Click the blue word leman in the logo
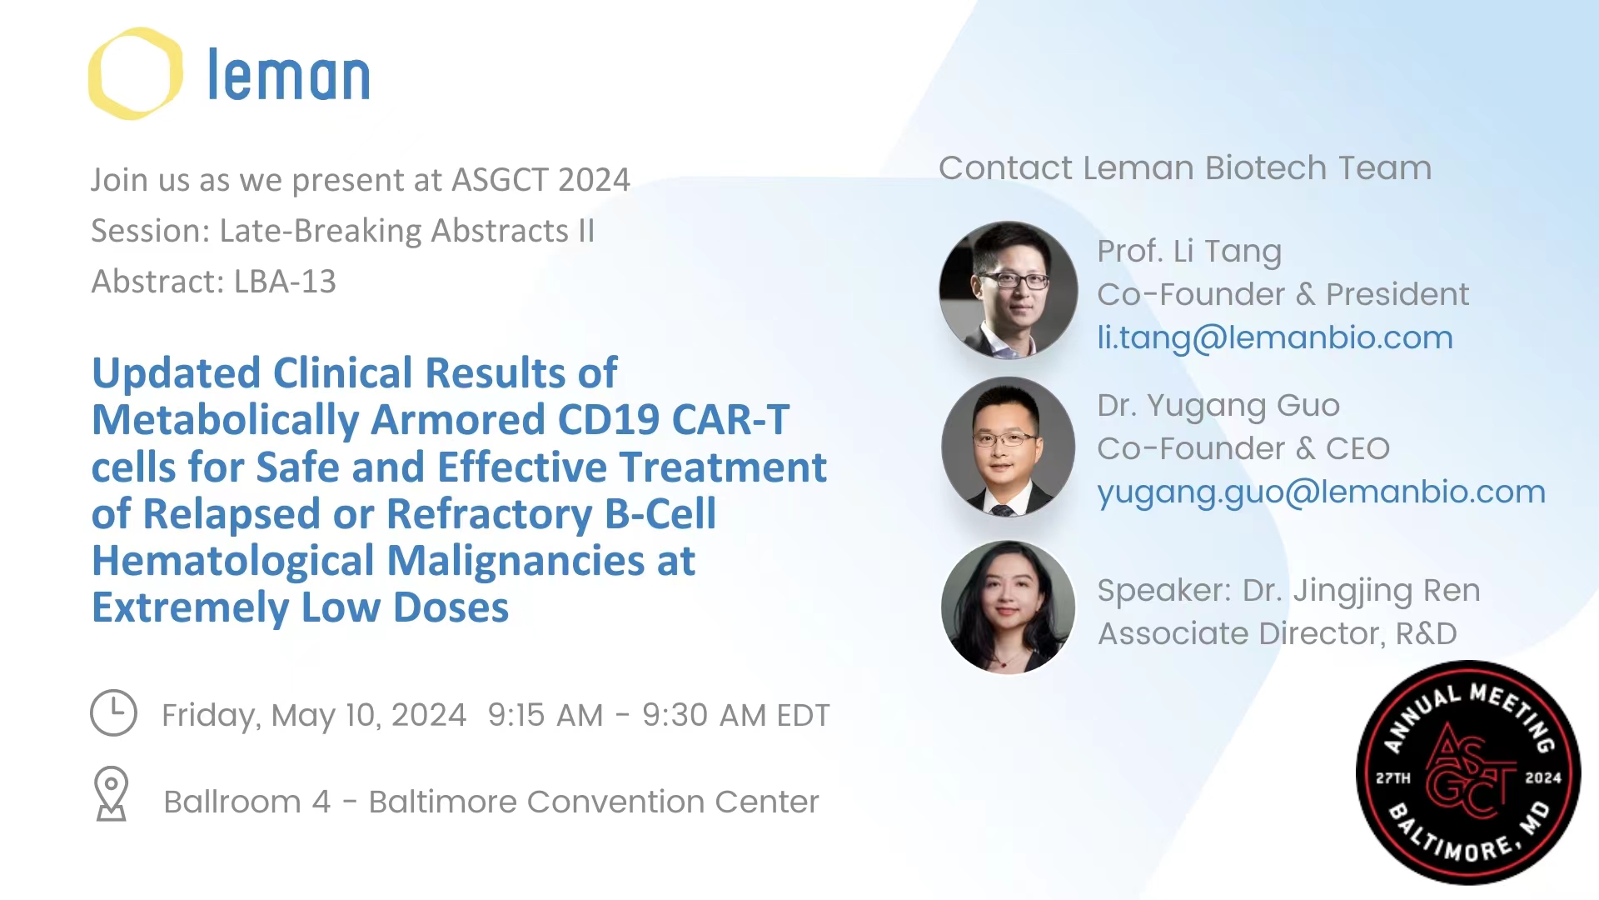288,75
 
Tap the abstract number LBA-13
285,282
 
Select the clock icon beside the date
113,712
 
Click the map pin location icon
111,793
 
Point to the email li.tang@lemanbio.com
1275,338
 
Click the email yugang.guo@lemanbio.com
1321,492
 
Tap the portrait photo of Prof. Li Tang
1009,290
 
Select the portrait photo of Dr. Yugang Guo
1009,447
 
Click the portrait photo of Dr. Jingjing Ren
1009,607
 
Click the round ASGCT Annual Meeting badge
1468,772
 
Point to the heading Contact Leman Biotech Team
1185,168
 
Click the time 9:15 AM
545,715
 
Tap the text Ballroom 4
247,802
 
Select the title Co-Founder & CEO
1243,448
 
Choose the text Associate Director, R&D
1278,633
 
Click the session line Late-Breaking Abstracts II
407,231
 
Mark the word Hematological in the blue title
232,561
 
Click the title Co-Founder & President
1283,294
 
